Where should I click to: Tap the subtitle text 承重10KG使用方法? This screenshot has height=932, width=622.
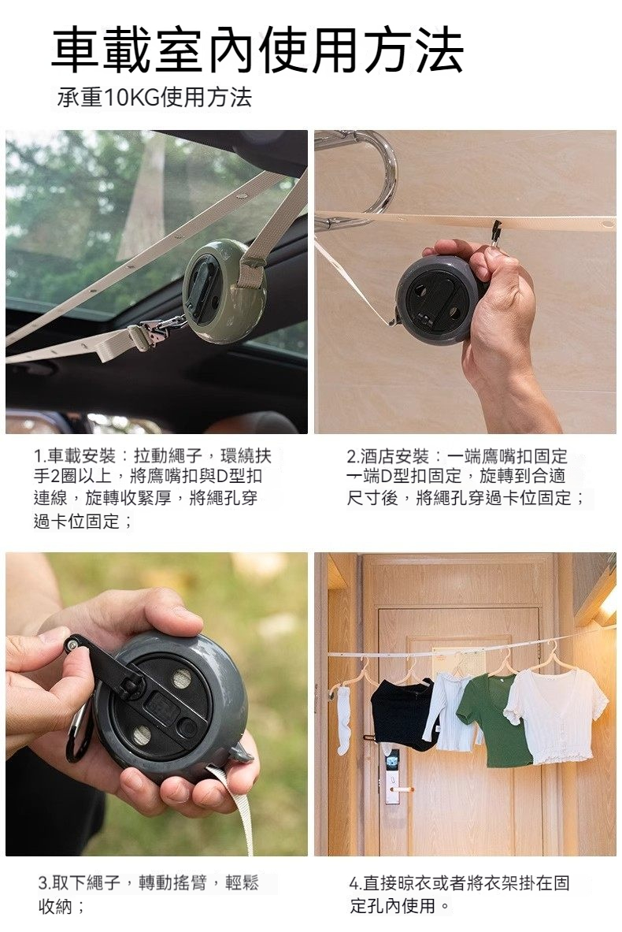click(x=154, y=97)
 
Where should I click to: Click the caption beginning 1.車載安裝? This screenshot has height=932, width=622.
click(x=152, y=488)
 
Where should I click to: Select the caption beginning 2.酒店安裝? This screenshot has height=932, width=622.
click(x=466, y=477)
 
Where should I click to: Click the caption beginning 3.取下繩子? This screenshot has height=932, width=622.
click(x=149, y=894)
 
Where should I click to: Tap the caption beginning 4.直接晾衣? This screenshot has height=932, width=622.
click(x=459, y=894)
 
